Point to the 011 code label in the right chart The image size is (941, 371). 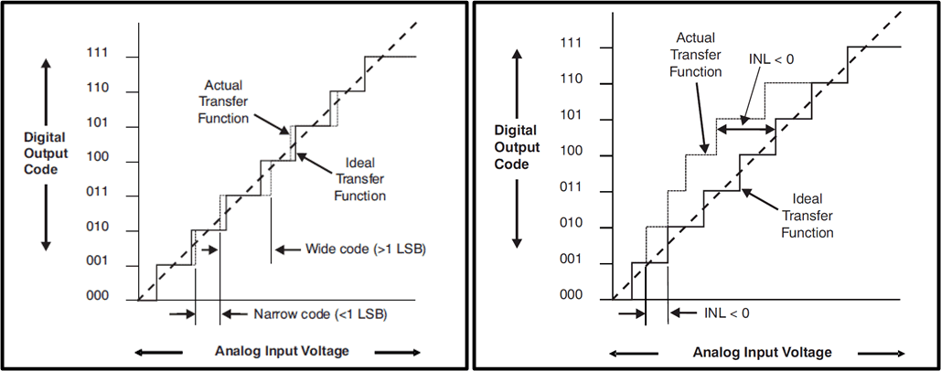(x=572, y=190)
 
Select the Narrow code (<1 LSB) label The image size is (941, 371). (x=319, y=314)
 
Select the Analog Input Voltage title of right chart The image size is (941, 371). (x=763, y=352)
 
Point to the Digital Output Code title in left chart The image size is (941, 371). (x=46, y=154)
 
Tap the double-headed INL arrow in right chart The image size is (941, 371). (x=745, y=131)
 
